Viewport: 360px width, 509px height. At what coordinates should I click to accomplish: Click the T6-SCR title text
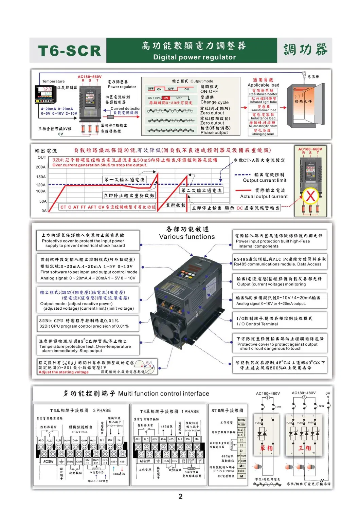coord(70,51)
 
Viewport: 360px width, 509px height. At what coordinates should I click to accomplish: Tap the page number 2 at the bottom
coord(180,496)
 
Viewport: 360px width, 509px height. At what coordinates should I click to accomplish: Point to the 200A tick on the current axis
coord(41,167)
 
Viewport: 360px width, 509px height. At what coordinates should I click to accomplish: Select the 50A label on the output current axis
coord(42,201)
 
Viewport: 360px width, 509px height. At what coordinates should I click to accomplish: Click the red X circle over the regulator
coord(310,196)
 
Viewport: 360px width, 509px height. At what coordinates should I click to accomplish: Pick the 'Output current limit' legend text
coord(265,180)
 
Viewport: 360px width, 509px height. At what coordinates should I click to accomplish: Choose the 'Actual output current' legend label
coord(264,196)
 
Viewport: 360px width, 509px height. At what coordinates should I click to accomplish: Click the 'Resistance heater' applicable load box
coord(263,92)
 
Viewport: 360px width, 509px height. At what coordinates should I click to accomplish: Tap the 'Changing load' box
coord(263,132)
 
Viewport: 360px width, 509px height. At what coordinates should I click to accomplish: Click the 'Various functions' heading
coord(187,237)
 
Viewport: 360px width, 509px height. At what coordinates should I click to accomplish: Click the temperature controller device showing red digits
coord(45,94)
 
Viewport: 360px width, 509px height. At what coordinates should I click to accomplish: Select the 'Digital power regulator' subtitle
coord(194,57)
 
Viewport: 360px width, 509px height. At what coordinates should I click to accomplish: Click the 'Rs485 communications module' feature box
coord(280,262)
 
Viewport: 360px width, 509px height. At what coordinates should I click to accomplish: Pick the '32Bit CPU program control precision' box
coord(84,324)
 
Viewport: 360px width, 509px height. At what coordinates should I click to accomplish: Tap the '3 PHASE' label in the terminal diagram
coord(102,410)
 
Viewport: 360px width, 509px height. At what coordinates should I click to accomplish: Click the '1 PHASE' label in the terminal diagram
coord(190,411)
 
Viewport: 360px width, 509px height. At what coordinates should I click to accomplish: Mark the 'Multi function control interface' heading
coord(163,394)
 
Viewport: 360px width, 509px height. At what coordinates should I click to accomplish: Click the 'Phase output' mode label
coord(214,132)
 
